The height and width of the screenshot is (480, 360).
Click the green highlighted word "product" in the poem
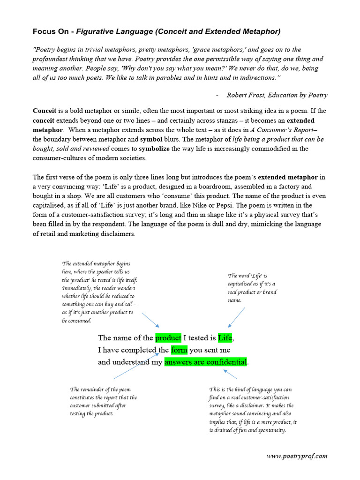point(168,338)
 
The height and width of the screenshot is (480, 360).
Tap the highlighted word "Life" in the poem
point(225,338)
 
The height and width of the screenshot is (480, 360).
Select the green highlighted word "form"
point(179,350)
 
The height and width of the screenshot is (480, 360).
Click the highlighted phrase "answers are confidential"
point(205,362)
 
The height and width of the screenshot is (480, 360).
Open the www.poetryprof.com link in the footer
point(297,456)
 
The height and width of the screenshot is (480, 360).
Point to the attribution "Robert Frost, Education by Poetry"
point(277,95)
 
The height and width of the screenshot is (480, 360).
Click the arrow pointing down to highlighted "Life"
point(237,319)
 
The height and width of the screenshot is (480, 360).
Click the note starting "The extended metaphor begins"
point(99,292)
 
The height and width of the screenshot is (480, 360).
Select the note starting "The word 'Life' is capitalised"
point(252,288)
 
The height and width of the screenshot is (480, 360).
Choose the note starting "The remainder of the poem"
point(103,402)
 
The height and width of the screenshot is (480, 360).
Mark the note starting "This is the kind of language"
point(253,410)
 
